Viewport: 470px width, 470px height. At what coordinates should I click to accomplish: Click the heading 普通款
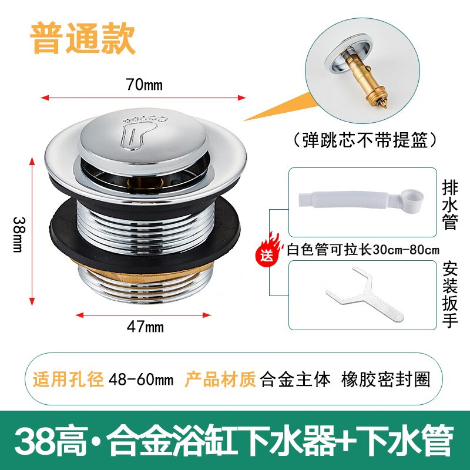(x=83, y=39)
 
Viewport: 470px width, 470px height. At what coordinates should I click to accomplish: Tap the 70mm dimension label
(x=144, y=85)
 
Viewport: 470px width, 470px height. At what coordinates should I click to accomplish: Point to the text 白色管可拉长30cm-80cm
(x=363, y=249)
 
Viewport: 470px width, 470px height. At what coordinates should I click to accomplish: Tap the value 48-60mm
(x=141, y=379)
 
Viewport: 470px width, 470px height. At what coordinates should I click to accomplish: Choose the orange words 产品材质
(x=220, y=379)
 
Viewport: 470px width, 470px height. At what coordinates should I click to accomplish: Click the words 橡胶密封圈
(x=385, y=379)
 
